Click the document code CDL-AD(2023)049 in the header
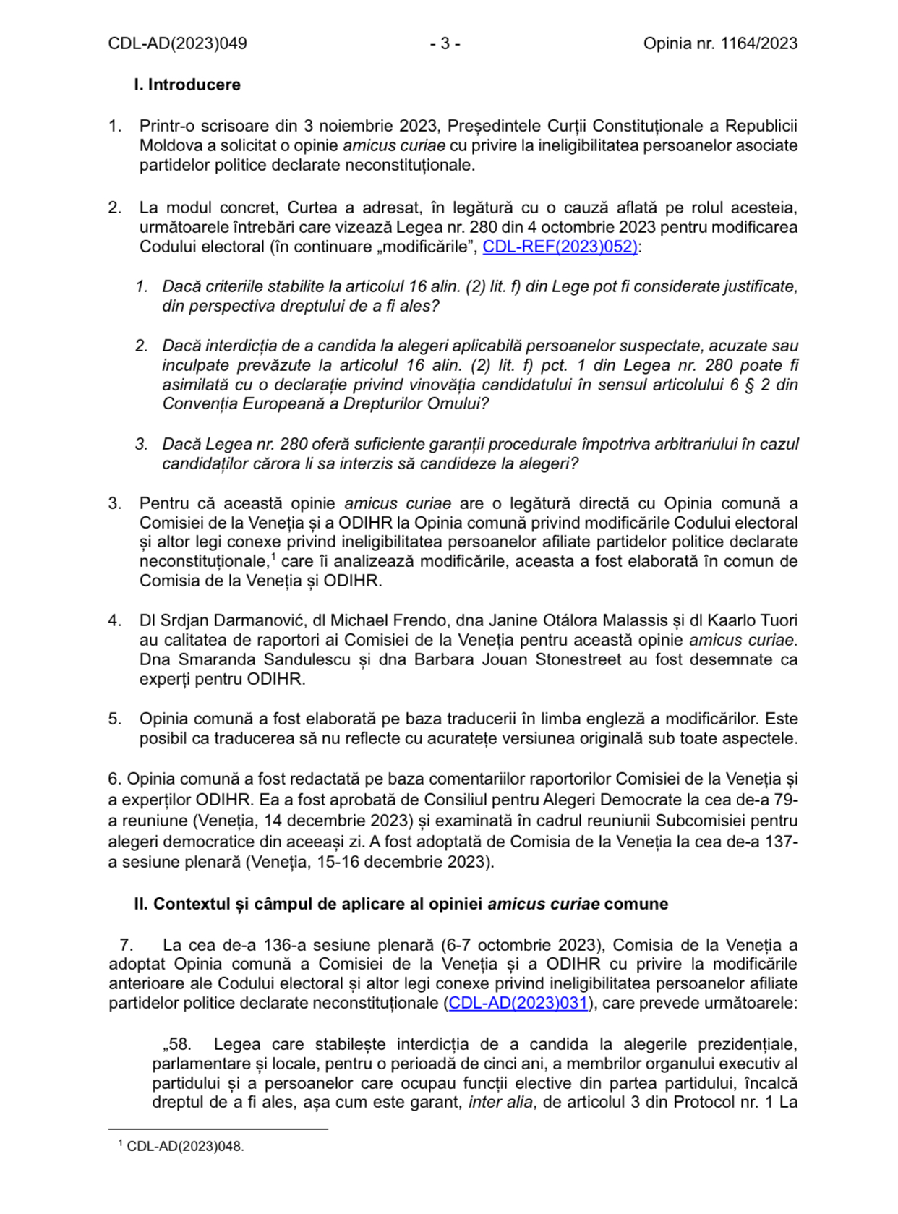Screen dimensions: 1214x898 click(x=177, y=43)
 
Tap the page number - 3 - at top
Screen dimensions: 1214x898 click(x=445, y=43)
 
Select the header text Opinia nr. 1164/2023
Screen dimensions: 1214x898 click(x=720, y=43)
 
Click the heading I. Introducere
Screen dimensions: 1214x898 click(x=187, y=85)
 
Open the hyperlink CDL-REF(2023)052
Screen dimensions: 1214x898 click(x=560, y=247)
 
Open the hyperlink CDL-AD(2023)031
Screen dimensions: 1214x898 click(x=518, y=1003)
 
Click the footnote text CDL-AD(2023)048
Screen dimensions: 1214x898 click(x=185, y=1146)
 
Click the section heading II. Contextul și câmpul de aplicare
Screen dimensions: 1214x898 click(x=401, y=904)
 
